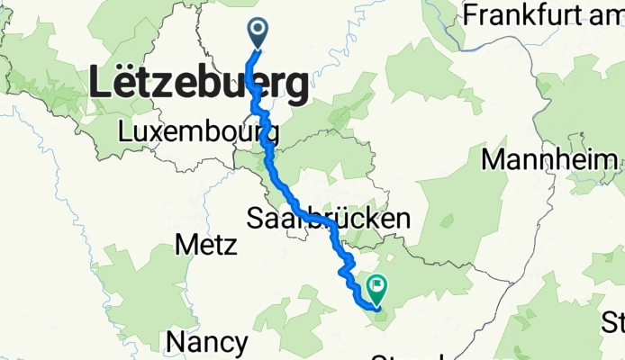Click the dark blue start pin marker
click(x=258, y=32)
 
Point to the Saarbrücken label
click(x=329, y=218)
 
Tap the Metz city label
click(x=205, y=245)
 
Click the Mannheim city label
click(x=552, y=160)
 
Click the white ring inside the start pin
click(x=258, y=30)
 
